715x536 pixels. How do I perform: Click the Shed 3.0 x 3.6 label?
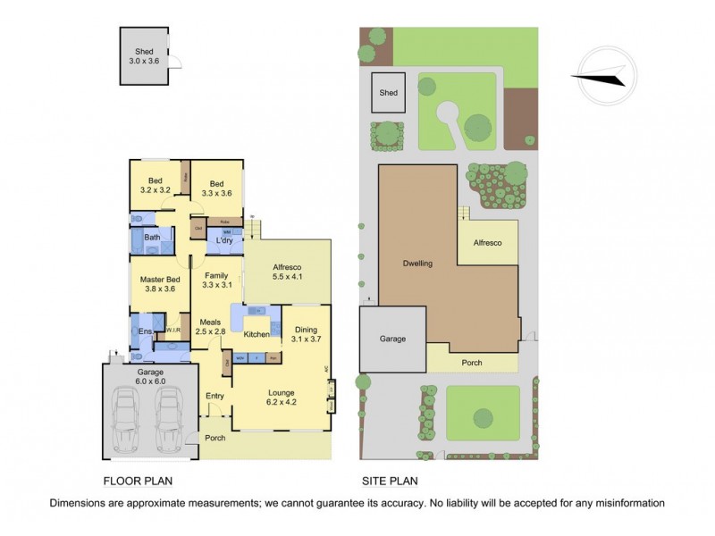(146, 58)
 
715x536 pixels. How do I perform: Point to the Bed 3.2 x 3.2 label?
(156, 184)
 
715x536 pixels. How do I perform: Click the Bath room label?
(153, 237)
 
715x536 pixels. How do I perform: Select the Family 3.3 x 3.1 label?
(217, 281)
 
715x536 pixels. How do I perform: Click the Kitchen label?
(257, 334)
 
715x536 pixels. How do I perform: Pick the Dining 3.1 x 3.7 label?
(306, 334)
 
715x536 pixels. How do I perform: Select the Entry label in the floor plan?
(214, 396)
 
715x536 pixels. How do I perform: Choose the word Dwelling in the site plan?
(417, 264)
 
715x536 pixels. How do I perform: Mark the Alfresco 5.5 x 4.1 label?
(288, 272)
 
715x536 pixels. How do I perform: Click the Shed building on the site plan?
(389, 92)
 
